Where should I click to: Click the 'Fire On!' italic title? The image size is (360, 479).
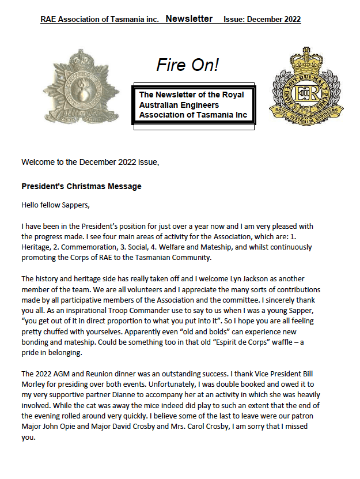pos(187,65)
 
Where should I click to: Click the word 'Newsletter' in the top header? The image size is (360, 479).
pos(189,19)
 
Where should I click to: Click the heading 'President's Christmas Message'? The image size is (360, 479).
pos(81,186)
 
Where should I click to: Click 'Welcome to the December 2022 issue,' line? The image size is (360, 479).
pos(90,162)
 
